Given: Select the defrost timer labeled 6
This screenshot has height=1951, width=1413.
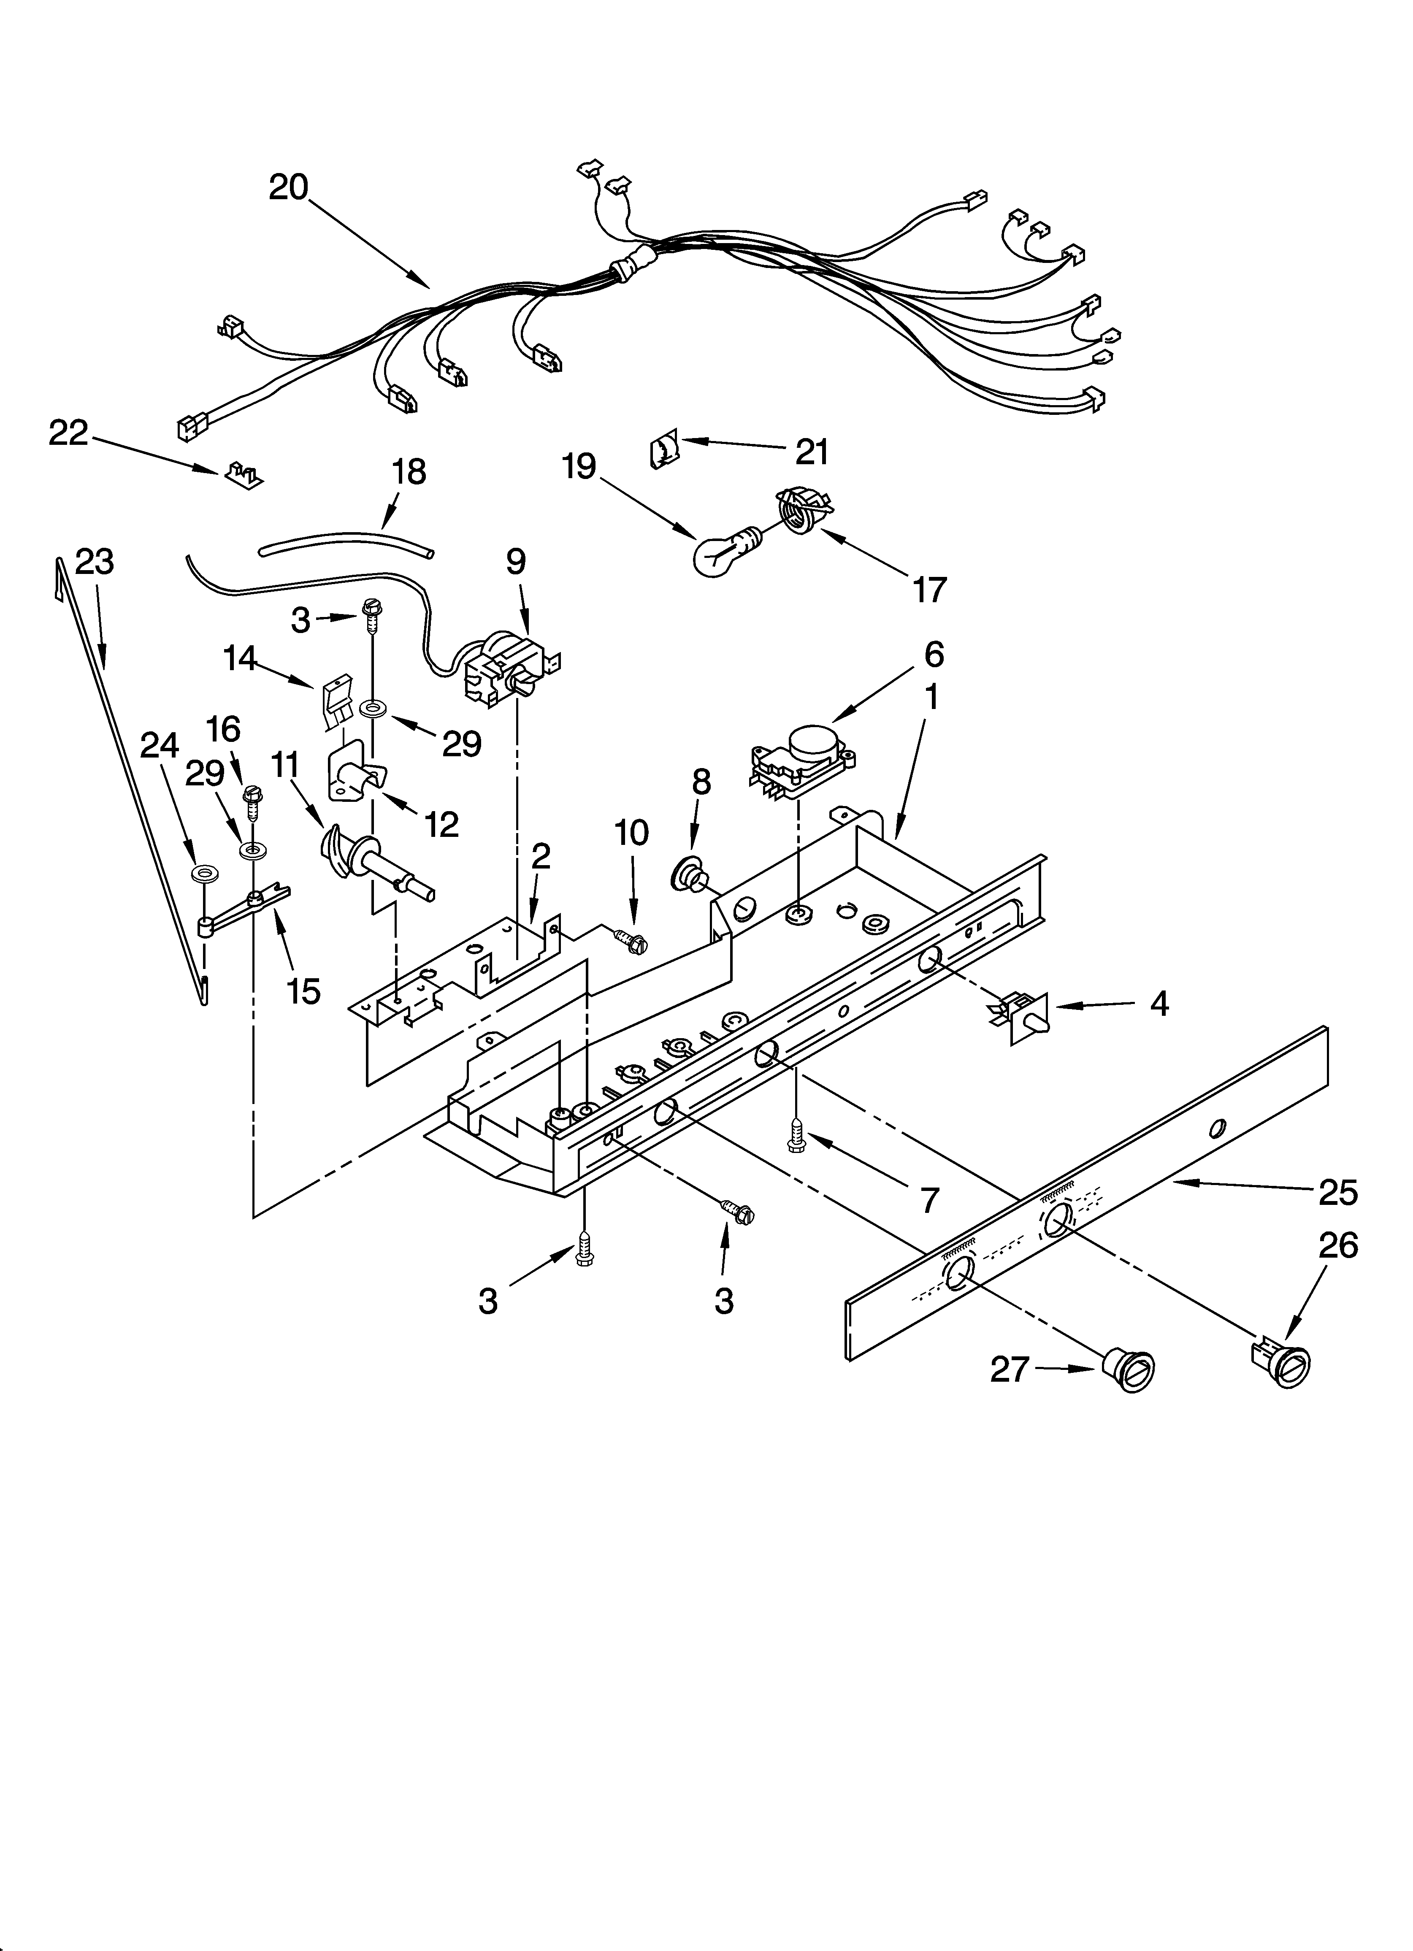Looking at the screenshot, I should (x=800, y=755).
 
